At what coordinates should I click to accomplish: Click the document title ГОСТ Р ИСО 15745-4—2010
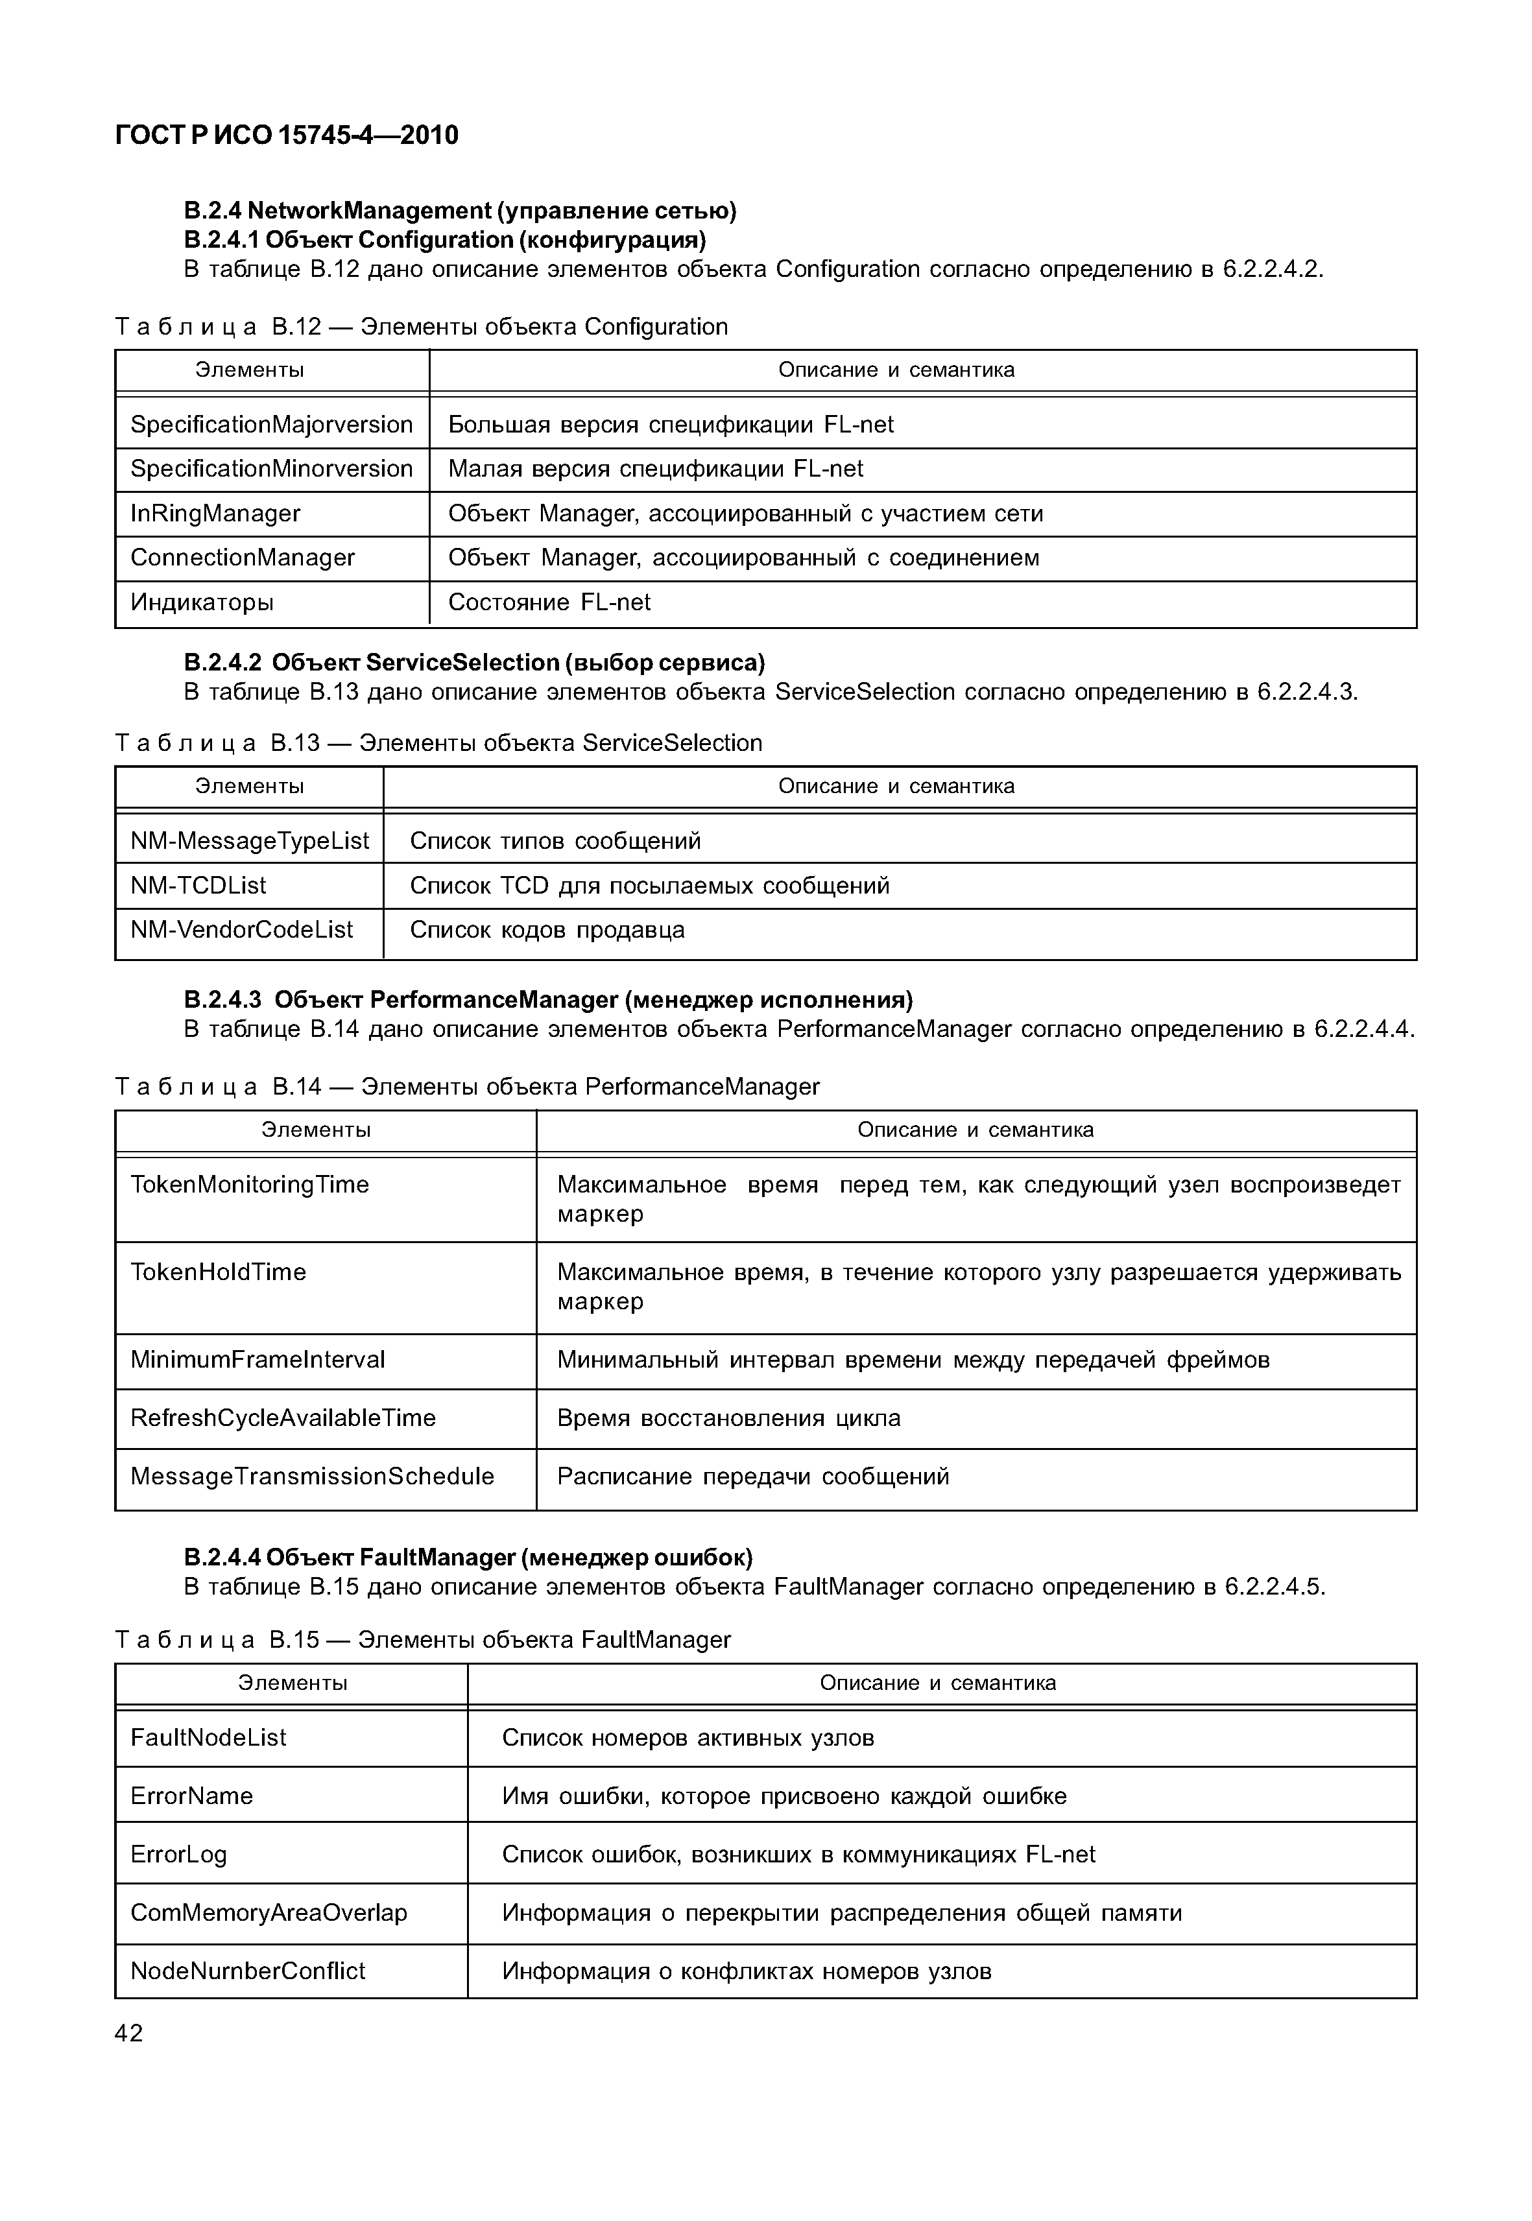[286, 136]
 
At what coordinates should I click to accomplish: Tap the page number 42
[128, 2033]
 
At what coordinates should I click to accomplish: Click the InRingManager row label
[215, 514]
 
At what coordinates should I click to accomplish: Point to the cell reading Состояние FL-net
[549, 603]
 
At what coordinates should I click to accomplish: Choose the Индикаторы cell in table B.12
[202, 603]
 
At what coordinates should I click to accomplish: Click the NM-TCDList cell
[198, 885]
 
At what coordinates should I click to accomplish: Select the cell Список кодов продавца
[547, 929]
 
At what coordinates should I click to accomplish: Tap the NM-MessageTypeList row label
[250, 841]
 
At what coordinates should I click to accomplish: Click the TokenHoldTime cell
[219, 1272]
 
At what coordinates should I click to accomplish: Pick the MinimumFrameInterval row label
[257, 1359]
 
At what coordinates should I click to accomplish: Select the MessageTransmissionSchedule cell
[312, 1476]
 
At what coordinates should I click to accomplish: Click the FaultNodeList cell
[208, 1737]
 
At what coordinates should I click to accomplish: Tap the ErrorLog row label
[178, 1855]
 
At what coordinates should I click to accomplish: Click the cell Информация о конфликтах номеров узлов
[746, 1971]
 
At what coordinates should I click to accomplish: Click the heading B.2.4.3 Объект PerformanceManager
[547, 1000]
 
